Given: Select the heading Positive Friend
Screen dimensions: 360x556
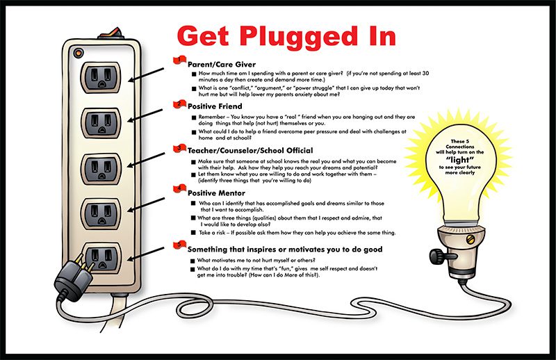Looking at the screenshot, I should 215,106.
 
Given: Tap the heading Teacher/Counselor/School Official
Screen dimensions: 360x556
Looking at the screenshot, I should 250,150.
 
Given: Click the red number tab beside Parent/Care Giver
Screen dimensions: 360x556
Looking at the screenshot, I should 179,60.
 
